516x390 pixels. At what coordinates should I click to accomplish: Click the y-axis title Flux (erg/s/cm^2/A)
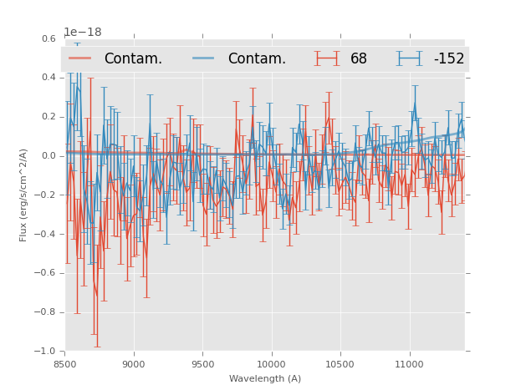pyautogui.click(x=24, y=195)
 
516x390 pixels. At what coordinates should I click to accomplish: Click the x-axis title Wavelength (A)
pyautogui.click(x=265, y=378)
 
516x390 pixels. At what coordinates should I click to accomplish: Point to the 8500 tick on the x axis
pyautogui.click(x=65, y=364)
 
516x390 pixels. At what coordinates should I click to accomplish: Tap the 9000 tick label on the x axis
pyautogui.click(x=134, y=364)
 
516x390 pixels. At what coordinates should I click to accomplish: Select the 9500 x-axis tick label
pyautogui.click(x=202, y=364)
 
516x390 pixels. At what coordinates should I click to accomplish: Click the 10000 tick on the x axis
pyautogui.click(x=272, y=364)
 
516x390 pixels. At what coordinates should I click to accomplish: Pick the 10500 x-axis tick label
pyautogui.click(x=340, y=364)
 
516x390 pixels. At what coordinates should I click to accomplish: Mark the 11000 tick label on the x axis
pyautogui.click(x=409, y=364)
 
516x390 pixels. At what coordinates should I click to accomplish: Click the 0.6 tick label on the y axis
pyautogui.click(x=48, y=38)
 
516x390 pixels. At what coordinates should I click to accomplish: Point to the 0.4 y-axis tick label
pyautogui.click(x=48, y=78)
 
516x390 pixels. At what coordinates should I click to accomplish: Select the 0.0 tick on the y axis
pyautogui.click(x=48, y=156)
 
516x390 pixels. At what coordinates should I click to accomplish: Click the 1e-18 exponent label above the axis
pyautogui.click(x=83, y=33)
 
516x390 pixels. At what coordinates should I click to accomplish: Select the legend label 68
pyautogui.click(x=359, y=59)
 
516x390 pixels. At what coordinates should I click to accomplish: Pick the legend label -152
pyautogui.click(x=448, y=59)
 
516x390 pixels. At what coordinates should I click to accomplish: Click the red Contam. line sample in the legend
pyautogui.click(x=80, y=58)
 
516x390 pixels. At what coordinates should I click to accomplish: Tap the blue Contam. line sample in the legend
pyautogui.click(x=204, y=58)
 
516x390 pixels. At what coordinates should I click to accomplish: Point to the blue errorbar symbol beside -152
pyautogui.click(x=409, y=58)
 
